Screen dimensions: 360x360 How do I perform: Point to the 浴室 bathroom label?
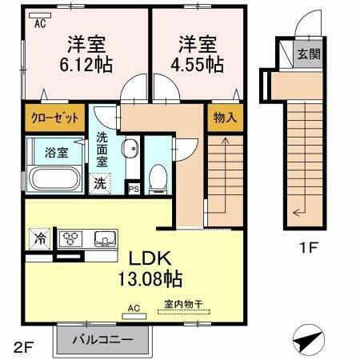click(44, 150)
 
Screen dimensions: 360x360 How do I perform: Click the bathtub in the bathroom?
click(53, 177)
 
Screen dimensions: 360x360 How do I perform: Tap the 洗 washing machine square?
click(100, 182)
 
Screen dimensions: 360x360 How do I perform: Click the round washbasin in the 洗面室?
click(129, 148)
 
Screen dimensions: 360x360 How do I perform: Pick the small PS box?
click(134, 189)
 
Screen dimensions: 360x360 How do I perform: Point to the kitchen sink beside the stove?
click(104, 238)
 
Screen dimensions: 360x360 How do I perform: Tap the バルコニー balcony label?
click(102, 338)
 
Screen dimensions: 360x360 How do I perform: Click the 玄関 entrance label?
click(308, 54)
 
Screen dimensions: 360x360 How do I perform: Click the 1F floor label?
click(309, 247)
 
